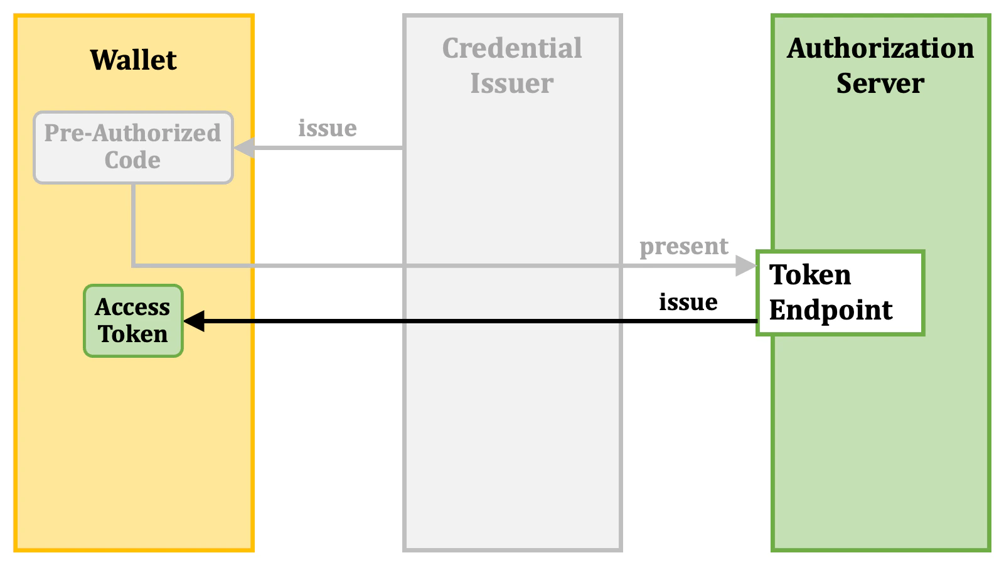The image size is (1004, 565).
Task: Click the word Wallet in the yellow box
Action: (x=133, y=60)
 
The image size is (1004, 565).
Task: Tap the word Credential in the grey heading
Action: (x=512, y=48)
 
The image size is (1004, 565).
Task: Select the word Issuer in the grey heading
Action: (x=512, y=83)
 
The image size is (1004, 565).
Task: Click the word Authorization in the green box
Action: (x=880, y=48)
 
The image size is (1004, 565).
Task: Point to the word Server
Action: (x=880, y=83)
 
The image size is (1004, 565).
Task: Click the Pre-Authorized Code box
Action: (x=133, y=148)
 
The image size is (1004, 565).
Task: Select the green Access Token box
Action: (x=133, y=321)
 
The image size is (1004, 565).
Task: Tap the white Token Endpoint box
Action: (x=840, y=293)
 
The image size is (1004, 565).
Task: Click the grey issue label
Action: (x=328, y=128)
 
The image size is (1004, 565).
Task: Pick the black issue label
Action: (x=688, y=302)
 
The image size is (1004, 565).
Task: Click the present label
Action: (x=684, y=246)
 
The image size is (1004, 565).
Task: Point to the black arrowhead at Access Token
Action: (x=194, y=321)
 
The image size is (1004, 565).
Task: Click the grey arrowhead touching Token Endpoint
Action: (x=746, y=266)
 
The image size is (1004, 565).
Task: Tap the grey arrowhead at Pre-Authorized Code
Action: (x=244, y=148)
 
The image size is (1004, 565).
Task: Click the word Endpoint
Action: (x=831, y=310)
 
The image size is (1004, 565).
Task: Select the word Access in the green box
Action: (x=132, y=307)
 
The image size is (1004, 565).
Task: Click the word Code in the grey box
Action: (x=132, y=160)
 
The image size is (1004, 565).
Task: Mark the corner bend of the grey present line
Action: (x=134, y=266)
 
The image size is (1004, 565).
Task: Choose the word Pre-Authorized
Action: (x=132, y=133)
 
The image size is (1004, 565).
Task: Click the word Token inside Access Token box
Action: (x=133, y=334)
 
